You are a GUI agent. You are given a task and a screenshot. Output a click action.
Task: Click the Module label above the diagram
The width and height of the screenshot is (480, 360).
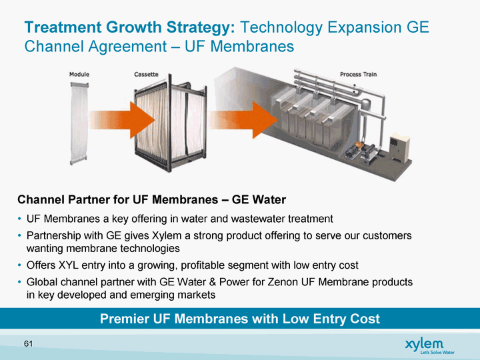click(x=79, y=75)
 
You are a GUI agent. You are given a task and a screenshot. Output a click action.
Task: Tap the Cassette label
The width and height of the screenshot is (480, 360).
click(x=146, y=75)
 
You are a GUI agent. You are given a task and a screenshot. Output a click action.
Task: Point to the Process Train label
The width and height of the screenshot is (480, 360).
click(x=358, y=75)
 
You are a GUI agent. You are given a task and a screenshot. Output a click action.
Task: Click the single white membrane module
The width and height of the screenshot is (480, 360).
click(x=79, y=123)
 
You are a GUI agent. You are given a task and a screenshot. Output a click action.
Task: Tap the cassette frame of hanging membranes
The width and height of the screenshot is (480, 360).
click(x=170, y=123)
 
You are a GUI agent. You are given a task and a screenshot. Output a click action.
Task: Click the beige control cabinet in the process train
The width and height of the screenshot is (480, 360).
click(x=399, y=148)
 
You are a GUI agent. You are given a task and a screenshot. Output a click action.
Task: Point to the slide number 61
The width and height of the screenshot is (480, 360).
click(x=28, y=344)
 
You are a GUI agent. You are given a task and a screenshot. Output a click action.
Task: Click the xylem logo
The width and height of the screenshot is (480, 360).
click(x=424, y=344)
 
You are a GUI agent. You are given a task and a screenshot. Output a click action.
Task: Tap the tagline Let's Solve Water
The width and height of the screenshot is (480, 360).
click(x=437, y=353)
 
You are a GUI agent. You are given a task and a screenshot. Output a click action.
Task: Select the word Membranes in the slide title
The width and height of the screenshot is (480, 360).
click(x=252, y=46)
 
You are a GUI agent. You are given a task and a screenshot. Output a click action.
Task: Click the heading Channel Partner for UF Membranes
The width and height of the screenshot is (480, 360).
click(x=118, y=199)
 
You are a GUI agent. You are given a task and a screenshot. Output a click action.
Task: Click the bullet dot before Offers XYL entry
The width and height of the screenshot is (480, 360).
click(x=19, y=265)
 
